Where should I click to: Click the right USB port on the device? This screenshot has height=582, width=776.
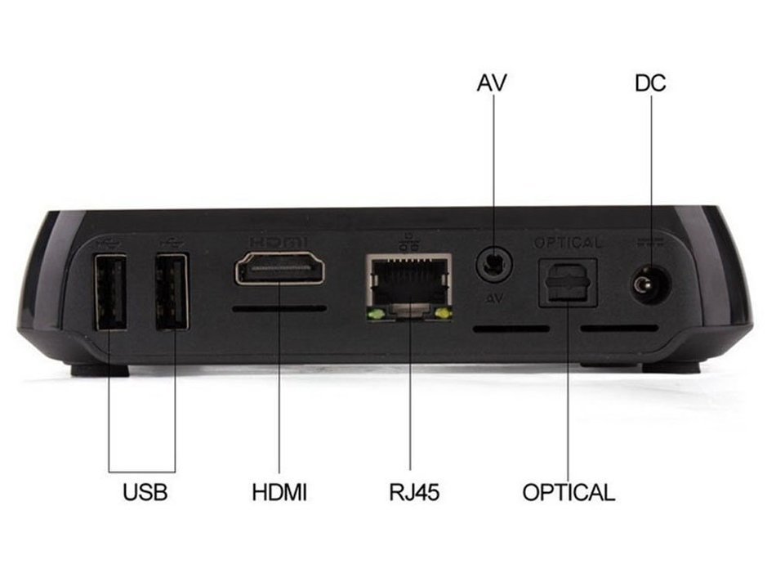pyautogui.click(x=172, y=291)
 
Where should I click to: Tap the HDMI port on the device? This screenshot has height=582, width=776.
pyautogui.click(x=279, y=268)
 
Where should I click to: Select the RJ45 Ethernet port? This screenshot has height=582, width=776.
pyautogui.click(x=408, y=287)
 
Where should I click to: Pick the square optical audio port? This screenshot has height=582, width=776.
pyautogui.click(x=568, y=283)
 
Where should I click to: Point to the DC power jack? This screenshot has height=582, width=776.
pyautogui.click(x=651, y=286)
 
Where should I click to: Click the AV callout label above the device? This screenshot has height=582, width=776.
pyautogui.click(x=492, y=83)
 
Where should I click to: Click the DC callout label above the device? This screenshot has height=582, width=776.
pyautogui.click(x=650, y=83)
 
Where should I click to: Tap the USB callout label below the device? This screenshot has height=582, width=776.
pyautogui.click(x=145, y=492)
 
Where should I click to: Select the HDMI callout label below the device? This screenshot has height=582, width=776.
pyautogui.click(x=279, y=492)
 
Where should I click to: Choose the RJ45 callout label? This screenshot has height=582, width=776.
pyautogui.click(x=414, y=492)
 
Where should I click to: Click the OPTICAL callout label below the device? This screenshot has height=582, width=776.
pyautogui.click(x=569, y=492)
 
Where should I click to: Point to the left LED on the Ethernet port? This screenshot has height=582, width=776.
pyautogui.click(x=376, y=314)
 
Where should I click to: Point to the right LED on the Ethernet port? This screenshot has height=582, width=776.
pyautogui.click(x=444, y=314)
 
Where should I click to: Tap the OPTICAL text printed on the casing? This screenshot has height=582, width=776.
pyautogui.click(x=569, y=243)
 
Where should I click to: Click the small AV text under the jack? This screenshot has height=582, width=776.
pyautogui.click(x=494, y=298)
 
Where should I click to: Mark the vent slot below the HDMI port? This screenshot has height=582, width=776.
pyautogui.click(x=279, y=309)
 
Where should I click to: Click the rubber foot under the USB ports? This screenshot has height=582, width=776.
pyautogui.click(x=100, y=370)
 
